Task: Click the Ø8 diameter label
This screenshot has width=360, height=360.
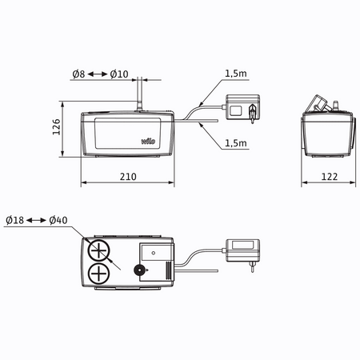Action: click(x=78, y=74)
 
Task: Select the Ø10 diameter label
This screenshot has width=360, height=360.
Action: click(x=119, y=74)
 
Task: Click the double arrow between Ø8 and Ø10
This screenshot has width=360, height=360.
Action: click(x=98, y=74)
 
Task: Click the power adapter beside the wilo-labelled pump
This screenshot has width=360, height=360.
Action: click(x=239, y=109)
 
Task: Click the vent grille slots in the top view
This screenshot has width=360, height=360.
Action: click(x=167, y=272)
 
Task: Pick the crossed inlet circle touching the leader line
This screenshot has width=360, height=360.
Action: click(x=100, y=250)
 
